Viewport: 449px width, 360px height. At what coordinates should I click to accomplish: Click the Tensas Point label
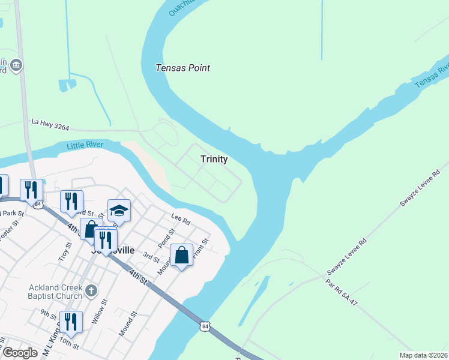[x=182, y=68]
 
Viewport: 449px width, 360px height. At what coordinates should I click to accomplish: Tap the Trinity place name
[x=214, y=159]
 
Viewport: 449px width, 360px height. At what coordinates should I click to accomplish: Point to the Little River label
[x=85, y=145]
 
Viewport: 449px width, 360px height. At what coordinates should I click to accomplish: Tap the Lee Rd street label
[x=180, y=221]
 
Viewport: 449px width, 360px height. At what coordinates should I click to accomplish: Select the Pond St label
[x=166, y=238]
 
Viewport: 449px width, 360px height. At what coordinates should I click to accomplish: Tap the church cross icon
[x=91, y=292]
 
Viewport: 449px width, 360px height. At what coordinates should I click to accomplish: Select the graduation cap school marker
[x=119, y=211]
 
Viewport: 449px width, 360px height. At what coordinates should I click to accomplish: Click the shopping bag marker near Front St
[x=182, y=256]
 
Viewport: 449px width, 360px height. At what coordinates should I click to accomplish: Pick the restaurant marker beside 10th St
[x=71, y=322]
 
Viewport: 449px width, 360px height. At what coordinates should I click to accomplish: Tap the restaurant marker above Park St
[x=32, y=190]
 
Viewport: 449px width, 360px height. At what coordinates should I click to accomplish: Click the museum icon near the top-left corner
[x=16, y=64]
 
